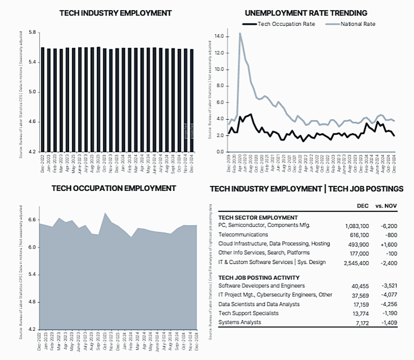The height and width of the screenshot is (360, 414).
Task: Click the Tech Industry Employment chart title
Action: (x=115, y=12)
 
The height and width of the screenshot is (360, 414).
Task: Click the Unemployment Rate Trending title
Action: (x=306, y=12)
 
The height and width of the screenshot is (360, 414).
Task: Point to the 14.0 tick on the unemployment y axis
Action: (x=218, y=36)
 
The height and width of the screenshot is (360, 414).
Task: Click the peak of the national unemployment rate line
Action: (x=240, y=33)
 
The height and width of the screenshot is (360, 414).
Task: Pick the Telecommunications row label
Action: (x=243, y=234)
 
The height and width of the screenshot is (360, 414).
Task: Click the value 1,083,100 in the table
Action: (x=354, y=225)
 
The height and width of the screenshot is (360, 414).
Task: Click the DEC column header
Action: (x=363, y=206)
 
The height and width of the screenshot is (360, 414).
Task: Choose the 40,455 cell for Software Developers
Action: (x=358, y=286)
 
